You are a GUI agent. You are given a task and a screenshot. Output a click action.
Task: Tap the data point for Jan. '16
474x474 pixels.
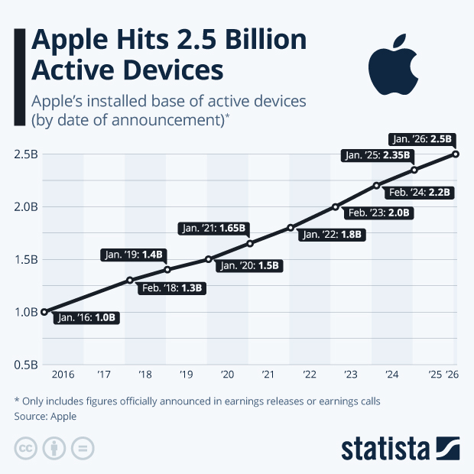pos(44,312)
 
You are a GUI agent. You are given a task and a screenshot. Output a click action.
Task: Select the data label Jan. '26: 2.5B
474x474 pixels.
pos(422,140)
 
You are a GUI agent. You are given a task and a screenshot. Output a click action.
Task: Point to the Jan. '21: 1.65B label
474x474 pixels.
pos(213,228)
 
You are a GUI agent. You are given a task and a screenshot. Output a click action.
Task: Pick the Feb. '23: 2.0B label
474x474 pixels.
pos(379,213)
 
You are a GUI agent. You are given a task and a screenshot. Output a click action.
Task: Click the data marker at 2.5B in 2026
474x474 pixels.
pos(456,154)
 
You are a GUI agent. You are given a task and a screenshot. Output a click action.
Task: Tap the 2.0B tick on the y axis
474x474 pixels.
pos(25,206)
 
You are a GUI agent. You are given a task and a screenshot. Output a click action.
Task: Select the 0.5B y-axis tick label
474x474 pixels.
pos(25,365)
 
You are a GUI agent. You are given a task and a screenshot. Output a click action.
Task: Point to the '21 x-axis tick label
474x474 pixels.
pos(268,375)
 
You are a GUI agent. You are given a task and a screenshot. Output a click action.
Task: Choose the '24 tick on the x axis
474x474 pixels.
pos(391,375)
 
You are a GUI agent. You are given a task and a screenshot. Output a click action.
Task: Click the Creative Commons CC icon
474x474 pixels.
pos(26,448)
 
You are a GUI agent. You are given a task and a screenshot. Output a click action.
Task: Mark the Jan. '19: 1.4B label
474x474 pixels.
pos(135,255)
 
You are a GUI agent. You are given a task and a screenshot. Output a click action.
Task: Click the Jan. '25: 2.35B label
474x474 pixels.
pos(377,156)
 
